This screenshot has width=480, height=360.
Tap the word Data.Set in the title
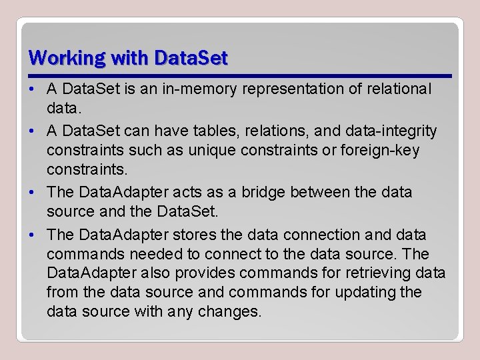tap(191, 58)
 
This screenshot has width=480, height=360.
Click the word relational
tap(399, 89)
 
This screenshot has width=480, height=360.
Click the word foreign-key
tap(377, 150)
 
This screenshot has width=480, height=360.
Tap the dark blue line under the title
tap(240, 75)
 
